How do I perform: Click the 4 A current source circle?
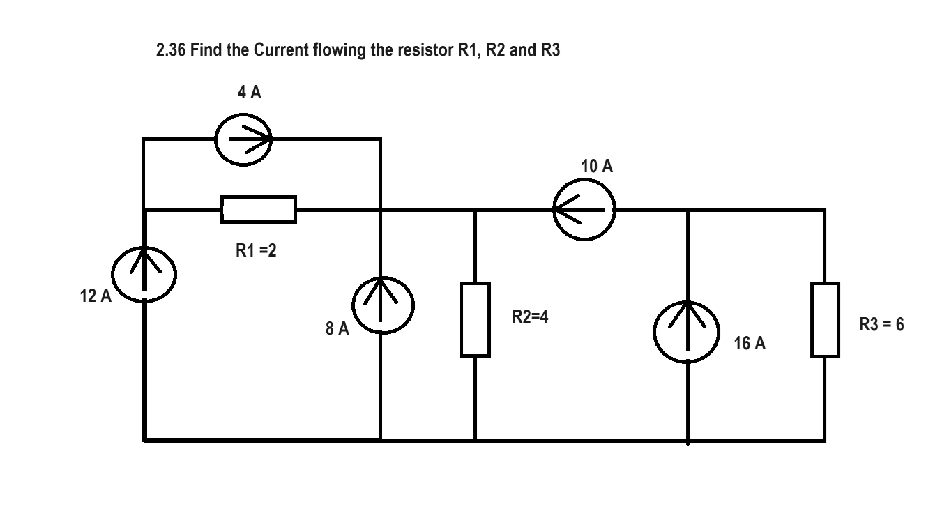243,139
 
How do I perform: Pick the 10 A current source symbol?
584,209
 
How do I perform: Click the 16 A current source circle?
688,332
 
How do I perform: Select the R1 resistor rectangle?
259,209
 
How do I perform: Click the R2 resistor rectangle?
475,319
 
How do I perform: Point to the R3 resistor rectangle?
825,319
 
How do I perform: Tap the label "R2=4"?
530,317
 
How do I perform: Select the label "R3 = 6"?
881,324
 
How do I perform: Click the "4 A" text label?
249,93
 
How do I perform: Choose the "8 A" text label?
337,328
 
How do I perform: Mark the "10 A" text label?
597,166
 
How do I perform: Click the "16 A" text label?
750,343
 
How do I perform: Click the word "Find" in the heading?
208,52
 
